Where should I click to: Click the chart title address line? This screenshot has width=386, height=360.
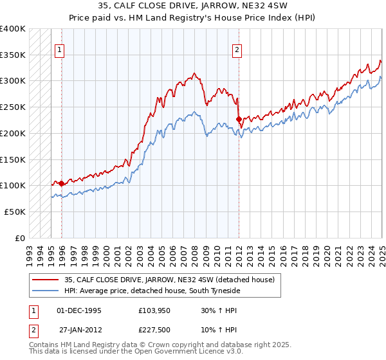click(x=192, y=7)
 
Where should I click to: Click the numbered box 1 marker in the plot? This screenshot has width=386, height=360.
click(x=60, y=50)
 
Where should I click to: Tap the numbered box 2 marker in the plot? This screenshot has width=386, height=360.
click(x=237, y=50)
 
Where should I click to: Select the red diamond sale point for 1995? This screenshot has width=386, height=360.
click(x=62, y=184)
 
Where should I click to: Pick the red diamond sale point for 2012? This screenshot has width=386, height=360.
click(x=239, y=119)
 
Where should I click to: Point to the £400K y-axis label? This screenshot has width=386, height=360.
click(x=13, y=29)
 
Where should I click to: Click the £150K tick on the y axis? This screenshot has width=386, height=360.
click(x=13, y=159)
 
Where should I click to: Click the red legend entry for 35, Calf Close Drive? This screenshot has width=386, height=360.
click(x=169, y=280)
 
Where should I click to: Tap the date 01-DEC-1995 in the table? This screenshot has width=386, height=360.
click(x=79, y=310)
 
